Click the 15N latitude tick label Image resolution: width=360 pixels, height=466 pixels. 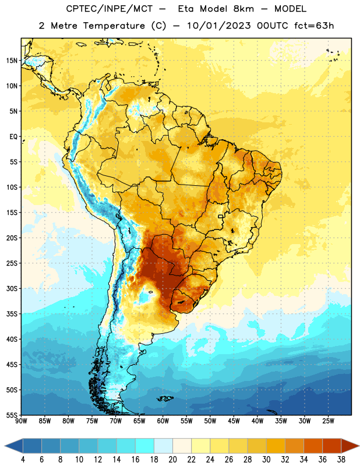(12, 61)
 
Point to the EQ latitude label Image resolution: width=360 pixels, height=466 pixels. (13, 137)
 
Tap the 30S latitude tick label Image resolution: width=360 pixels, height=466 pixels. (12, 288)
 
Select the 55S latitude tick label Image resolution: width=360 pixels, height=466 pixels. (12, 415)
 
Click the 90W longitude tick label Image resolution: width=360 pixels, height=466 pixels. (22, 421)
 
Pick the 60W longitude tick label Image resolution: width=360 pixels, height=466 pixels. (163, 421)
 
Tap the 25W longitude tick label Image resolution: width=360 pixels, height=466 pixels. (328, 421)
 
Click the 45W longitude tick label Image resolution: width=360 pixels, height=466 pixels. (234, 421)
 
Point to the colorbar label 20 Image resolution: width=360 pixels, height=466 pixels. (172, 460)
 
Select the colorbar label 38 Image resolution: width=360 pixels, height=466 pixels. (341, 460)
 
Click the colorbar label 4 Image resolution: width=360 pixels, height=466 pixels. (23, 460)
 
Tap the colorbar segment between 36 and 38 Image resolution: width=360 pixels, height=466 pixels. (332, 446)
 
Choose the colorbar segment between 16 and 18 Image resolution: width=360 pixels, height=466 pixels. (145, 446)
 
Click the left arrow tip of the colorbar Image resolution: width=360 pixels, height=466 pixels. (5, 446)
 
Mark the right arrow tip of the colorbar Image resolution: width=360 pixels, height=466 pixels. (359, 446)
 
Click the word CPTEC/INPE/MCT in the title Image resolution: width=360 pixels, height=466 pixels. (109, 9)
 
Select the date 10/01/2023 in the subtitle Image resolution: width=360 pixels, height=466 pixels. (218, 26)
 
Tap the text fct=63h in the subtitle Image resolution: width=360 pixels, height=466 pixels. (314, 26)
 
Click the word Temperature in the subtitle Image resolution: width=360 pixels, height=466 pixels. (114, 26)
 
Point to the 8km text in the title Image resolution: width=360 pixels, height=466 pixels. (243, 9)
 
